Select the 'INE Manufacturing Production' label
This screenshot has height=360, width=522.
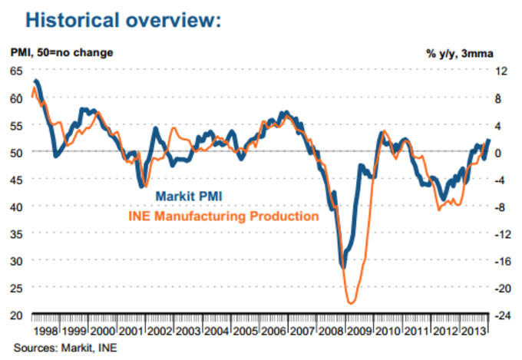coord(223,216)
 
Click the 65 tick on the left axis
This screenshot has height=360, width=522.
coord(16,71)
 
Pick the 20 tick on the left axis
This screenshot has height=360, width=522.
coord(16,315)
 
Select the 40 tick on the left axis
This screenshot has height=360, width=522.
coord(16,206)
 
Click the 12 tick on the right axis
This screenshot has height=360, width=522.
coord(502,71)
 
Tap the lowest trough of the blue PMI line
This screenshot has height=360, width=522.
coord(343,266)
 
